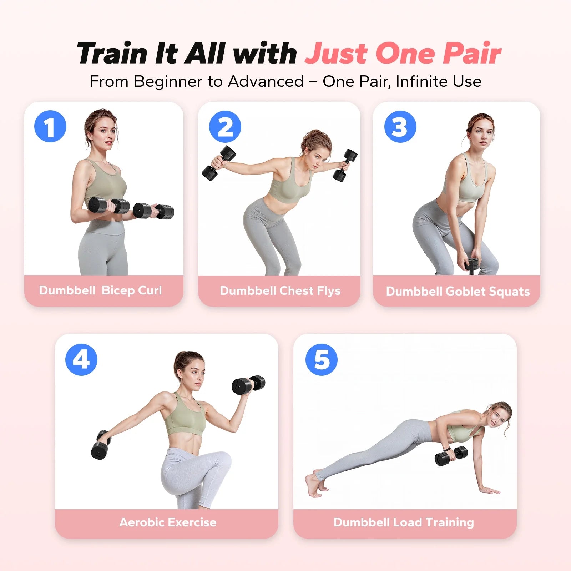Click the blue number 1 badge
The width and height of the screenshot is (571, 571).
(50, 126)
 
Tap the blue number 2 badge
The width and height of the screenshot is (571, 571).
(225, 127)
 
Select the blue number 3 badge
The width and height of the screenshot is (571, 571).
(400, 127)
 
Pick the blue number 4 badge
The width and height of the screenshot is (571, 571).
(81, 359)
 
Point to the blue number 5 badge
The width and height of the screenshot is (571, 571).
(322, 359)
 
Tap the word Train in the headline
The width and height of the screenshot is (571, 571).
(113, 54)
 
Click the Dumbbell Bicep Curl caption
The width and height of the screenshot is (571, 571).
(100, 290)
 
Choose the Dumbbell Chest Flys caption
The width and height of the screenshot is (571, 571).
(280, 291)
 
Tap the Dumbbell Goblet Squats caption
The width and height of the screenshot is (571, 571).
(458, 292)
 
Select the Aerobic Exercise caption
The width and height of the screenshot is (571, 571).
(168, 522)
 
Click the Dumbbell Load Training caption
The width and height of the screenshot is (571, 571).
(404, 522)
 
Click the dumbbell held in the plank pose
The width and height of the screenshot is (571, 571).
(451, 456)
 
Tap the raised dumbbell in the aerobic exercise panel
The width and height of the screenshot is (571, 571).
(248, 385)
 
